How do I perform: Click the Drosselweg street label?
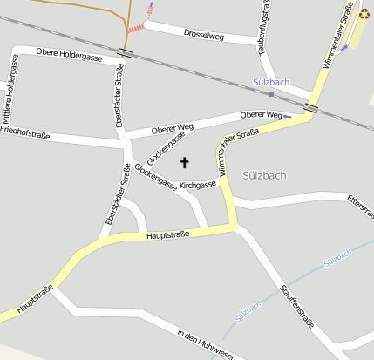tap(204, 35)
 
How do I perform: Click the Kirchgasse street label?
tap(197, 185)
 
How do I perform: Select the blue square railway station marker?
tap(271, 93)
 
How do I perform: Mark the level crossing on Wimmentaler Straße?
tap(311, 108)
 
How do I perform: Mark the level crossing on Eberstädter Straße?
tap(126, 53)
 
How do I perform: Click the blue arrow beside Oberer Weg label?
tap(287, 116)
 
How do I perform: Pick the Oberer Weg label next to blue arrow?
tap(261, 115)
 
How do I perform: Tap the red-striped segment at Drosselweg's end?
tap(136, 28)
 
